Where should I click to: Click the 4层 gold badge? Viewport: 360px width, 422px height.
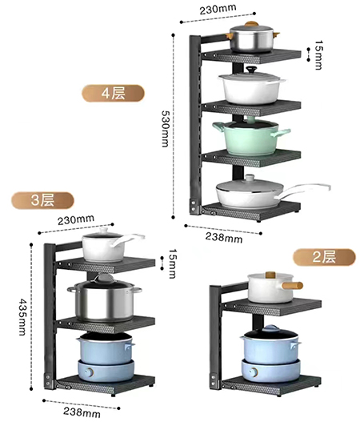tap(113, 94)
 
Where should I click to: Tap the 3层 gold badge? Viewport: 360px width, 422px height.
tap(42, 200)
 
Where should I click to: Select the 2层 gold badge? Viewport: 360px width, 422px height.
tap(324, 257)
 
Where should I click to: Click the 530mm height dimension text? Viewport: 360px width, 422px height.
tap(165, 129)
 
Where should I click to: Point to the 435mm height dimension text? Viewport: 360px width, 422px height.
tap(22, 317)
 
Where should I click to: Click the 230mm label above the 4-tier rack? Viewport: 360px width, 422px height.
tap(218, 9)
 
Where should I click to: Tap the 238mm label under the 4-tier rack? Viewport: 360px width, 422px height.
tap(224, 237)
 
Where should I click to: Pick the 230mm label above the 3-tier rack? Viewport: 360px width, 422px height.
tap(76, 219)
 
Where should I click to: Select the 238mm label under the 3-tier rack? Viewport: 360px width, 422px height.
tap(82, 412)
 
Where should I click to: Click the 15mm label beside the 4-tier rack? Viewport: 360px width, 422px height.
tap(318, 55)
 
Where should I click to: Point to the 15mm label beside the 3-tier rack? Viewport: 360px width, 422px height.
tap(172, 263)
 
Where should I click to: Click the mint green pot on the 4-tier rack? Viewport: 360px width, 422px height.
tap(251, 138)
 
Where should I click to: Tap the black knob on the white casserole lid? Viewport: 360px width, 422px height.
tap(252, 70)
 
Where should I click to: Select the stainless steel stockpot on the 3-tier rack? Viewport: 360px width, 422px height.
tap(104, 299)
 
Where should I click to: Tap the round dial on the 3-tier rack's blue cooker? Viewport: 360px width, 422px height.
tap(89, 372)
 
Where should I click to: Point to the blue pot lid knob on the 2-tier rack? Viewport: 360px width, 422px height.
tap(270, 328)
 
